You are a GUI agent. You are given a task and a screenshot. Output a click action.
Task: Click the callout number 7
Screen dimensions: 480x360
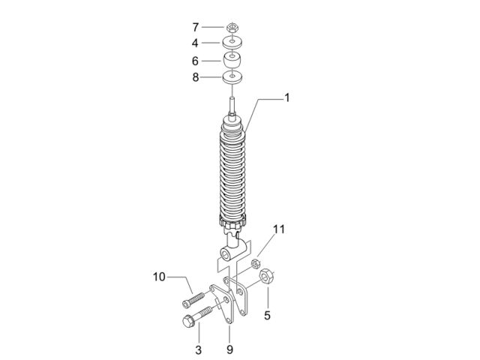[196, 27]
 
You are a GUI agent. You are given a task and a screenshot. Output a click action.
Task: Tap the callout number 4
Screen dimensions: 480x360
[195, 43]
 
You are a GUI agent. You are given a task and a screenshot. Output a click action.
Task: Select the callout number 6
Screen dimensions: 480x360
[195, 61]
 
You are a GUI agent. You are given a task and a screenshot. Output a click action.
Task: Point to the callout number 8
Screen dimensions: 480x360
[195, 77]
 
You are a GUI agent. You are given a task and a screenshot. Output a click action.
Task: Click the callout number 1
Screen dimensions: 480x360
[286, 98]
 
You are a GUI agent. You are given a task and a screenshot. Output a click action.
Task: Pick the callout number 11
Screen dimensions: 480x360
[279, 229]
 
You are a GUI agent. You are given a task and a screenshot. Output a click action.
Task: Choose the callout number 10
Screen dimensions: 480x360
[159, 277]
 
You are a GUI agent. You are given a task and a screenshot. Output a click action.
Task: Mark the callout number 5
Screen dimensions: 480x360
[267, 315]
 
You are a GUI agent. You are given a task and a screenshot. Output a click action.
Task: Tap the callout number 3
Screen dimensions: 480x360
[198, 350]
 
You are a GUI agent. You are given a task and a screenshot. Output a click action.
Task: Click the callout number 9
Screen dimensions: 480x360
[229, 349]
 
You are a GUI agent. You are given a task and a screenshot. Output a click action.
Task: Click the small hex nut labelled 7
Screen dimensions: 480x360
[232, 28]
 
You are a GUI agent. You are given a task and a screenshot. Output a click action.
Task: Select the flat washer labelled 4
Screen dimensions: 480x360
[232, 42]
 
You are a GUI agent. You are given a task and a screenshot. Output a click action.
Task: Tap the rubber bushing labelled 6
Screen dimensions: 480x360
[232, 60]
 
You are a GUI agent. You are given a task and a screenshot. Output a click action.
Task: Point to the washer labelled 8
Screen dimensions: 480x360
[232, 76]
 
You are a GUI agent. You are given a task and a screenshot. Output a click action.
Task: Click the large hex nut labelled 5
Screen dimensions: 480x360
[266, 277]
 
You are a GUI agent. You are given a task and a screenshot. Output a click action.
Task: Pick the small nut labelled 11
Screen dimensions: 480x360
[256, 263]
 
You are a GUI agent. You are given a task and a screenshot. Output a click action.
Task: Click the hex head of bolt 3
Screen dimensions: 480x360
[188, 321]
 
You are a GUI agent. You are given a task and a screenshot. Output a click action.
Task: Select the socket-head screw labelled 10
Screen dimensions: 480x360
[193, 300]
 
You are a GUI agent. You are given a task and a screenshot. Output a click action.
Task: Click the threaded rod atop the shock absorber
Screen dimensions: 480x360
[232, 106]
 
